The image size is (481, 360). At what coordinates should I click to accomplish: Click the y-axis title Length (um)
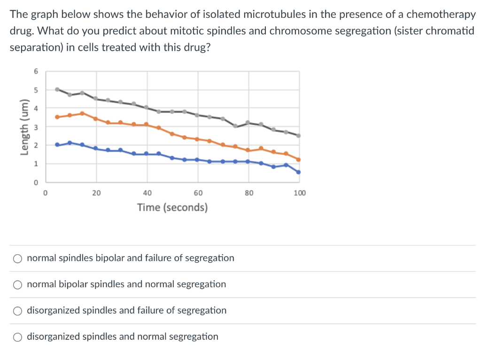coord(22,126)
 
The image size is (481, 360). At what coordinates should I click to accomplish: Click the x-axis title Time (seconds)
coord(172,207)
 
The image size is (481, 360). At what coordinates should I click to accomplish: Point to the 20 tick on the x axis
coord(96,192)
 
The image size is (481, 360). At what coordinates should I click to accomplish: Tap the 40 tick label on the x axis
coord(147,192)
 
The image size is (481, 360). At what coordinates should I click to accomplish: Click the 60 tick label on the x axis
coord(198,192)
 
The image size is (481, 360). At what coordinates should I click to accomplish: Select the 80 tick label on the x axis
coord(248,192)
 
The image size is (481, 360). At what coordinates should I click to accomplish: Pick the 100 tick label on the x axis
coord(299,192)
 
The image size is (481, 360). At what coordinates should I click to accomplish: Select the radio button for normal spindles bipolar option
coord(17,258)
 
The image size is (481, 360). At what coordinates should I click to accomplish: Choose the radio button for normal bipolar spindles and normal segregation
coord(17,284)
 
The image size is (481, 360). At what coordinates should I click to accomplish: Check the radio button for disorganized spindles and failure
coord(17,311)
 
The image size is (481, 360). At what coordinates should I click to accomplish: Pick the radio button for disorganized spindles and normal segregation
coord(17,337)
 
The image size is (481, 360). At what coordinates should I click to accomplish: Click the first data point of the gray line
coord(57,89)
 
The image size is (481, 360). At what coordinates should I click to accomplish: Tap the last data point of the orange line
coord(298,160)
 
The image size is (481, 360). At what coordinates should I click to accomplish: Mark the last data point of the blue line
coord(298,172)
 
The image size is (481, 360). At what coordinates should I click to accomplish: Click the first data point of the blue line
coord(57,145)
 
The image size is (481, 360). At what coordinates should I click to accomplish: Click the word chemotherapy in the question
coord(441,15)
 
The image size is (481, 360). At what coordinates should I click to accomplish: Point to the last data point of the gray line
coord(298,136)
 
